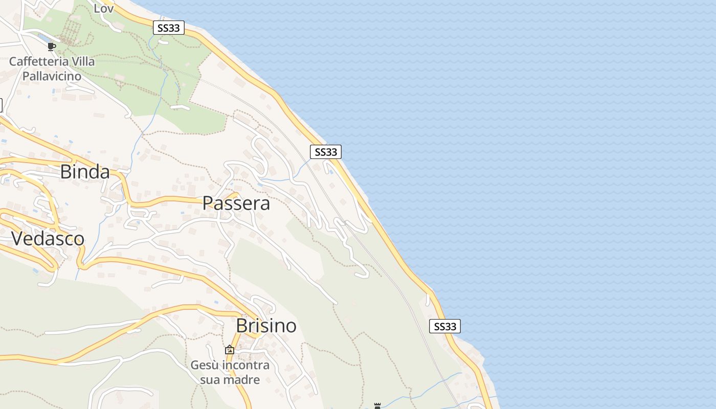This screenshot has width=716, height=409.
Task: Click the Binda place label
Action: [85, 172]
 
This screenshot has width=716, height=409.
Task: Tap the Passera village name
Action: [236, 203]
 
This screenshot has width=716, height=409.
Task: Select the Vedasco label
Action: [48, 239]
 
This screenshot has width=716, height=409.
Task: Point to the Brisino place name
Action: [266, 326]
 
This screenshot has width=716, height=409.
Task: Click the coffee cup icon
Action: [51, 47]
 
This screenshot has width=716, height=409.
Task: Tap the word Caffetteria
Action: [39, 61]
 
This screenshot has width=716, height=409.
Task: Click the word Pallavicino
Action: [52, 76]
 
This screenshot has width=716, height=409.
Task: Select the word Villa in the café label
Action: [83, 61]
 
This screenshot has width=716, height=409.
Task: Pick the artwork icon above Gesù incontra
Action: [230, 350]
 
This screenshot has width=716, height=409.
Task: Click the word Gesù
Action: [204, 365]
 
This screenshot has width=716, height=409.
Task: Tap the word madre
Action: [244, 379]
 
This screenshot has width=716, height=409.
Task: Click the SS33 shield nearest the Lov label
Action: [169, 28]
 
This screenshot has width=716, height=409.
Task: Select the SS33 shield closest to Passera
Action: [326, 152]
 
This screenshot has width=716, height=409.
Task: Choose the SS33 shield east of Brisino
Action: [445, 326]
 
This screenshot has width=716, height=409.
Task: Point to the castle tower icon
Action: [377, 406]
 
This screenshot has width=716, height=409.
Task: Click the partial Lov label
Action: [104, 8]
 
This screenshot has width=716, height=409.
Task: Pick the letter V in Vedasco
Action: [17, 239]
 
